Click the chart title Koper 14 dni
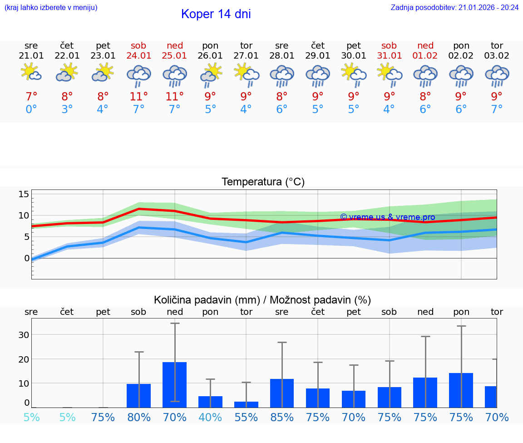(216, 14)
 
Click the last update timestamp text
(454, 7)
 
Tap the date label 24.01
(139, 55)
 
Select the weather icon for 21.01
(31, 73)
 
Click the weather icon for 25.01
(175, 75)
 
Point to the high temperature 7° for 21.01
(31, 97)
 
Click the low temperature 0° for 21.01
(31, 110)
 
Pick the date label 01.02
(425, 55)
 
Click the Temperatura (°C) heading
(263, 182)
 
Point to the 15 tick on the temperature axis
(24, 194)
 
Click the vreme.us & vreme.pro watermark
(387, 217)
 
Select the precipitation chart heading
(262, 300)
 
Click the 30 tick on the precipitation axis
(24, 335)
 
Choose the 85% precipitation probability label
(282, 417)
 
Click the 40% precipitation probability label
(210, 417)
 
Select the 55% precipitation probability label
(246, 417)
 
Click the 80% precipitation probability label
(139, 417)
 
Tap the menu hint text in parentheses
(51, 7)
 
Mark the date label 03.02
(497, 55)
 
